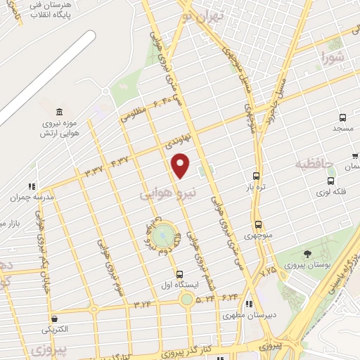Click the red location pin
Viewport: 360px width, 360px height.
(181, 165)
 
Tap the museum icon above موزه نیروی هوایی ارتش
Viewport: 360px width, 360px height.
(58, 112)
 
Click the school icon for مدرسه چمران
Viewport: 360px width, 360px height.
(32, 186)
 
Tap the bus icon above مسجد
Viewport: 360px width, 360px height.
(342, 118)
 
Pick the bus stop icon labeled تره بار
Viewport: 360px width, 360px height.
(257, 176)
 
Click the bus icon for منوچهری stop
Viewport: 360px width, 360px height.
(258, 225)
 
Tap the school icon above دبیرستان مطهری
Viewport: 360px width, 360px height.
(248, 304)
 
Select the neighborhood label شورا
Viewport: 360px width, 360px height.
(333, 56)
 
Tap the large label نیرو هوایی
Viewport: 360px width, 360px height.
(167, 191)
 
